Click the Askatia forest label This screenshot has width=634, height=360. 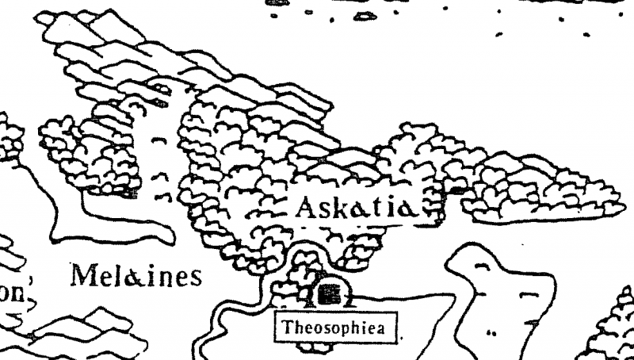[x=353, y=209]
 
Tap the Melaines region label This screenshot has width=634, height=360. [x=136, y=276]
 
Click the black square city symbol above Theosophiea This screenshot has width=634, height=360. [x=331, y=295]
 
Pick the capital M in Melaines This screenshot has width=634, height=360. [x=82, y=276]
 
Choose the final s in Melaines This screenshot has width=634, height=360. [x=195, y=278]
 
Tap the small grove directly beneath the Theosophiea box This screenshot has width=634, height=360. [x=317, y=348]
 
